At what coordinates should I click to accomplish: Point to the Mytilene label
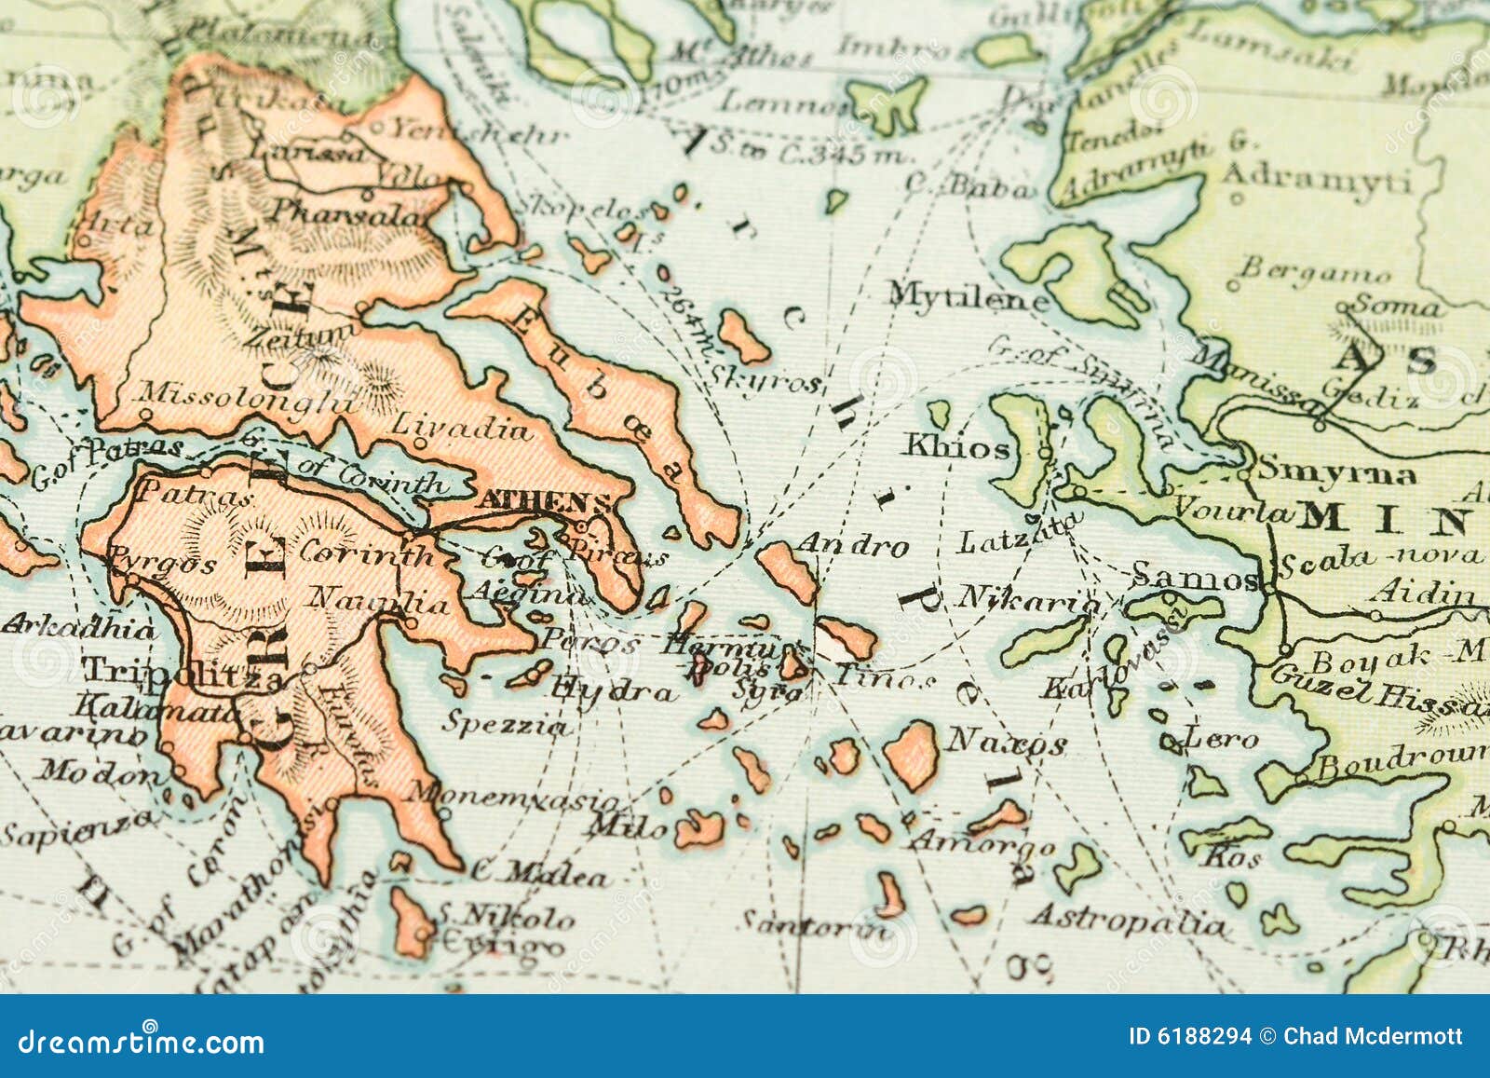point(967,297)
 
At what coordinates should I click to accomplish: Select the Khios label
point(955,448)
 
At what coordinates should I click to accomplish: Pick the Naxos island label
point(1006,743)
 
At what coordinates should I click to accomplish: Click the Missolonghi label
point(248,399)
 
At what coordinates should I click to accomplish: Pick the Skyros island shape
point(744,336)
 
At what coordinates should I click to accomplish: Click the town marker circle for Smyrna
point(1245,473)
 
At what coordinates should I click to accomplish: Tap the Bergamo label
point(1314,271)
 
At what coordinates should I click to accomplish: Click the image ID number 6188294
point(1189,1036)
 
